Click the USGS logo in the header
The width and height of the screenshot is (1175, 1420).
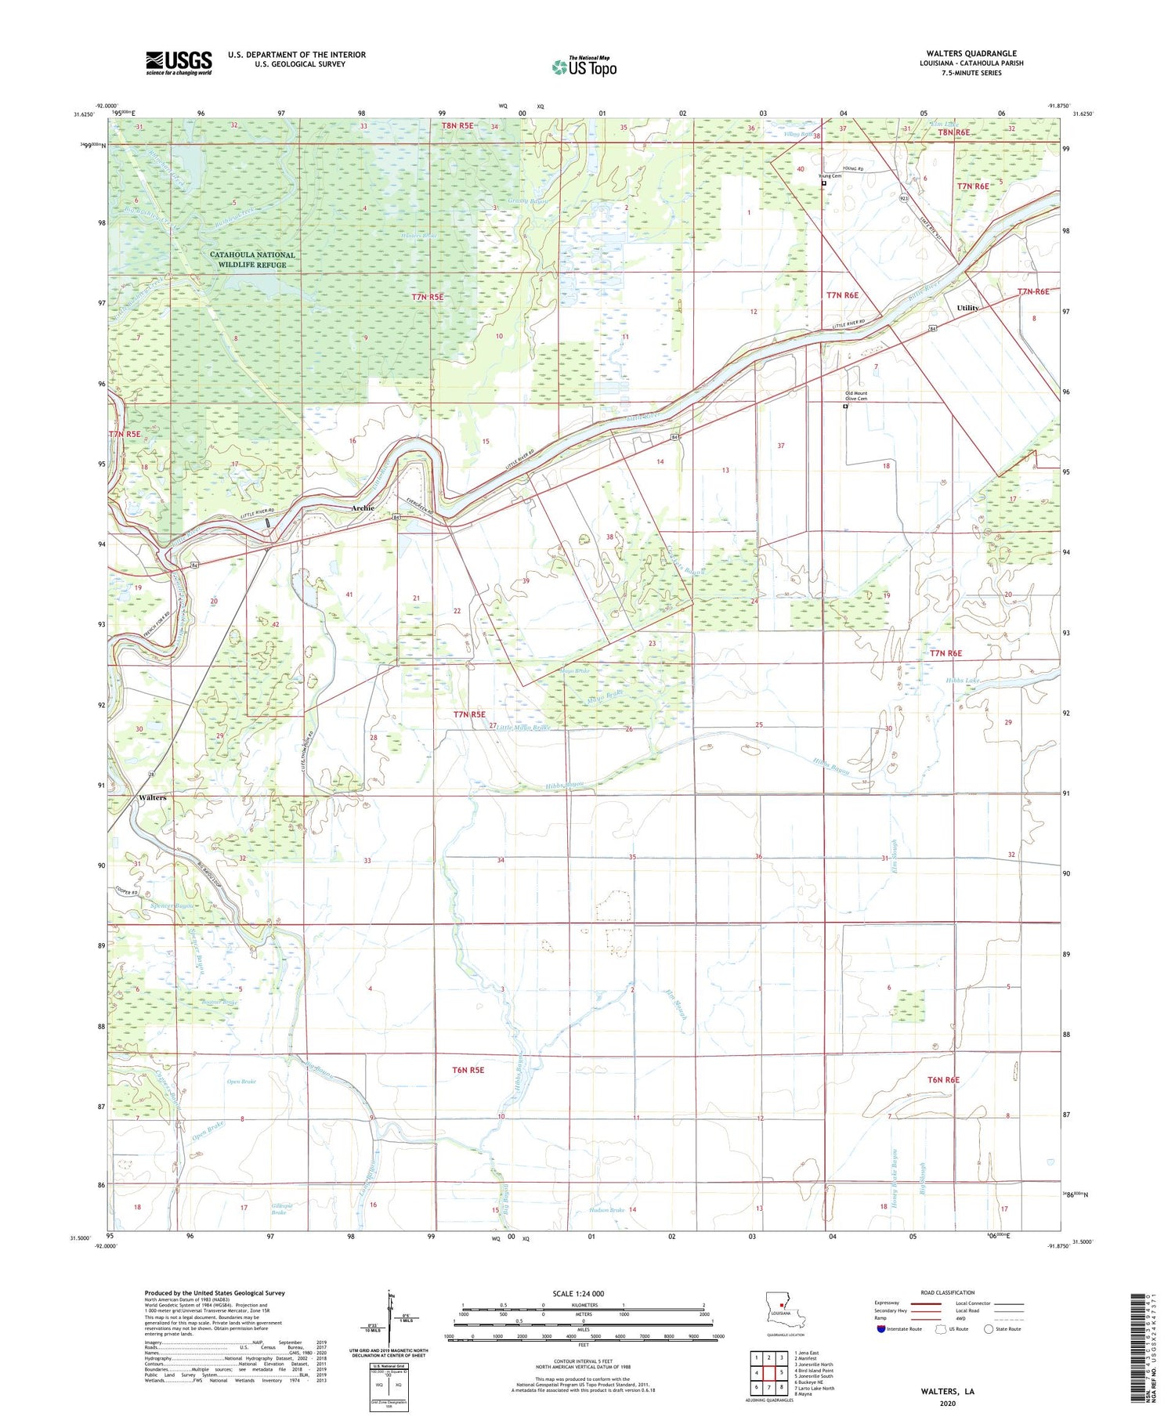[179, 63]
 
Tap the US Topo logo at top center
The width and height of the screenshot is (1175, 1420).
[584, 67]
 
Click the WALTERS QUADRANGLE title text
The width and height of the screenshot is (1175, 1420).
[971, 53]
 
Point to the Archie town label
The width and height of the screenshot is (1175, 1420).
[363, 508]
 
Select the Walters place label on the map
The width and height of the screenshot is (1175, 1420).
[152, 797]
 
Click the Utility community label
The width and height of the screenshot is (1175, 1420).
[967, 308]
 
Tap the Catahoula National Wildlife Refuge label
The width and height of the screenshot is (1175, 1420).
[252, 260]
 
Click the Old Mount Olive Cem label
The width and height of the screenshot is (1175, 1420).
[855, 396]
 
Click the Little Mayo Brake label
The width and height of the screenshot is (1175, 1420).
[523, 728]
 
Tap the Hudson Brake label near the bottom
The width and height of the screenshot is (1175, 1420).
[607, 1210]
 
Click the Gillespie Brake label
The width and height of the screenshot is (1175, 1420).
[282, 1209]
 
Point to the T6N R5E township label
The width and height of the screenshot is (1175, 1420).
[468, 1070]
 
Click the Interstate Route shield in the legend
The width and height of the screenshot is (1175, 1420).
[881, 1329]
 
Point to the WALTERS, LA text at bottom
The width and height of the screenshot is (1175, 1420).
[947, 1392]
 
